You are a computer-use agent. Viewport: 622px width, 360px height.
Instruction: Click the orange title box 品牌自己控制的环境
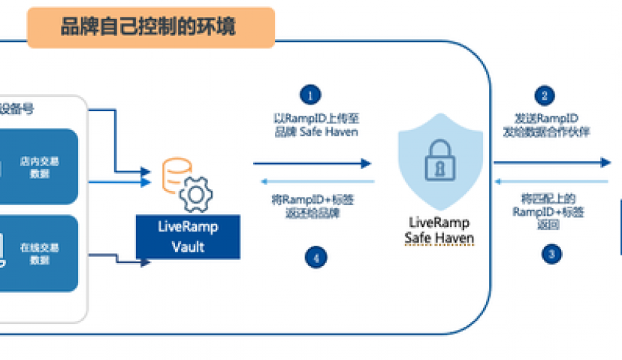[x=150, y=29]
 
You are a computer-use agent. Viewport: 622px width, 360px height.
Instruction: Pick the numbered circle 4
[x=316, y=257]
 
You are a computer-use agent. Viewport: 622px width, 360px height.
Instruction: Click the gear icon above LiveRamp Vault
[x=195, y=193]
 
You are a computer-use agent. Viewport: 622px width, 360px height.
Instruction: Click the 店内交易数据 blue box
[x=39, y=167]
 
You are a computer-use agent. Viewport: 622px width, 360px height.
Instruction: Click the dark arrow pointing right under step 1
[x=312, y=162]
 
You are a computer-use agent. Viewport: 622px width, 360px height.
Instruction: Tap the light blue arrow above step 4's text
[x=316, y=182]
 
